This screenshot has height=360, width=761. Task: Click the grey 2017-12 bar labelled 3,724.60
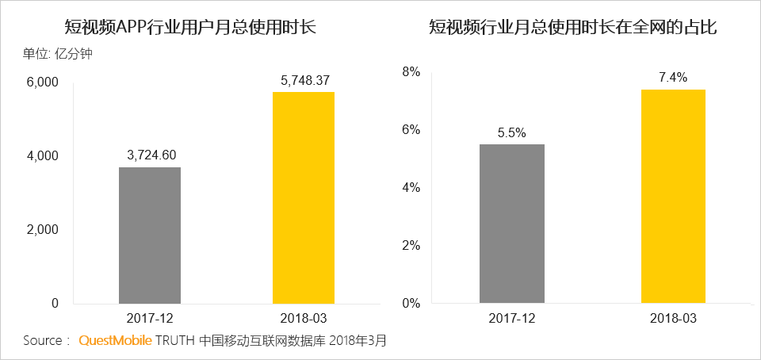coord(150,235)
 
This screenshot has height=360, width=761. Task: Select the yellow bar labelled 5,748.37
coord(304,197)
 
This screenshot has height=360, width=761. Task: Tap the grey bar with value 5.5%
coord(512,223)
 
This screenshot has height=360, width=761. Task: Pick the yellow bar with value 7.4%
coord(673,196)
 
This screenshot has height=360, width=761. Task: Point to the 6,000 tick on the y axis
coord(43,82)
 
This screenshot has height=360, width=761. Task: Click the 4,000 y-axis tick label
coord(43,156)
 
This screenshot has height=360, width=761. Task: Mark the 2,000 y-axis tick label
coord(43,230)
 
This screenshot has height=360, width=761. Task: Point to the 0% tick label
coord(409,304)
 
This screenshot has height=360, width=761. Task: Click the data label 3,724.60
coord(150,155)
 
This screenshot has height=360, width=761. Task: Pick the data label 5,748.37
coord(304,79)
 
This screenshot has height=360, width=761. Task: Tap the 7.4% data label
coord(673,78)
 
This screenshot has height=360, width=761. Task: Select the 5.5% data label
coord(512,132)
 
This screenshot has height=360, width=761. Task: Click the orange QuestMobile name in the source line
coord(115,341)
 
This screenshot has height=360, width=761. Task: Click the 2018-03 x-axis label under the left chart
coord(304,318)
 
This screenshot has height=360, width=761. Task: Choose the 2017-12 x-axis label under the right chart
coord(512,318)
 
